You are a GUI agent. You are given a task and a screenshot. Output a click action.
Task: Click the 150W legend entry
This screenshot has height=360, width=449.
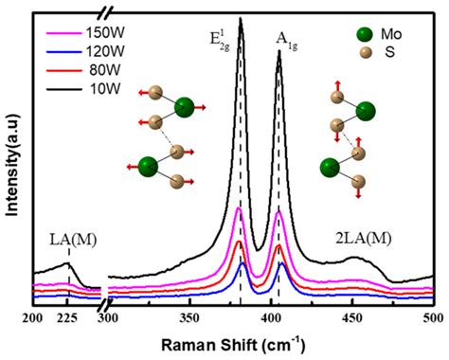(x=85, y=32)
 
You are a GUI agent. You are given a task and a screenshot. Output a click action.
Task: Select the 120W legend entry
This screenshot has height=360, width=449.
(x=85, y=51)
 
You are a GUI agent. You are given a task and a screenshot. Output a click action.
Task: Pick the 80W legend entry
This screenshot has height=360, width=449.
(x=83, y=70)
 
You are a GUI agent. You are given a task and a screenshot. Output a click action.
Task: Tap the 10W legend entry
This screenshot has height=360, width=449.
(x=83, y=88)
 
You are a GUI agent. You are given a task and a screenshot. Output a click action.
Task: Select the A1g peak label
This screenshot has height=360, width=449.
(x=287, y=41)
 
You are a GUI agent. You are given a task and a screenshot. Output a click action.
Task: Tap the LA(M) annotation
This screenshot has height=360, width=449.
(x=73, y=240)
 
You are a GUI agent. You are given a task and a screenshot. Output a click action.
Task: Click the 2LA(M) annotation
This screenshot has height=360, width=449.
(x=364, y=239)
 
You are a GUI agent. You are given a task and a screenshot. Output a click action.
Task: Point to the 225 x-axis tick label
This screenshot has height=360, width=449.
(x=67, y=318)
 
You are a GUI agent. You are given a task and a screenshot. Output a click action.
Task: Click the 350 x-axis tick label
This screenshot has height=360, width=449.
(x=189, y=318)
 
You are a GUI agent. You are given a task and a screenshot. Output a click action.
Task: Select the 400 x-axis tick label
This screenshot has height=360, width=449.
(x=271, y=318)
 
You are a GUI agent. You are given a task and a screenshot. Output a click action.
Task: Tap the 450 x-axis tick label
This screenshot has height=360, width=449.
(x=352, y=318)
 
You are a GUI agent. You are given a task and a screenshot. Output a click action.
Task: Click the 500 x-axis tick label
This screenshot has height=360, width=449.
(x=434, y=318)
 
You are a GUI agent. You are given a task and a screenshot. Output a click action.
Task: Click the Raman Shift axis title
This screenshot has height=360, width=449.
(x=233, y=345)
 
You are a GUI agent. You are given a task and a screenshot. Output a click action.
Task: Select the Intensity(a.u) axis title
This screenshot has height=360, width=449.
(x=12, y=165)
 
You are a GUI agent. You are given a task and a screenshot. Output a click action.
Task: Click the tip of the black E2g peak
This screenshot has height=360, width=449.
(x=241, y=18)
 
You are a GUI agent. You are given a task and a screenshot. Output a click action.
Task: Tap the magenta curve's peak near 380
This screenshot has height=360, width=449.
(x=239, y=207)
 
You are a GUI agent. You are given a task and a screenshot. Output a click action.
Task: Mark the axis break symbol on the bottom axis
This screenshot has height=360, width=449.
(x=105, y=305)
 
